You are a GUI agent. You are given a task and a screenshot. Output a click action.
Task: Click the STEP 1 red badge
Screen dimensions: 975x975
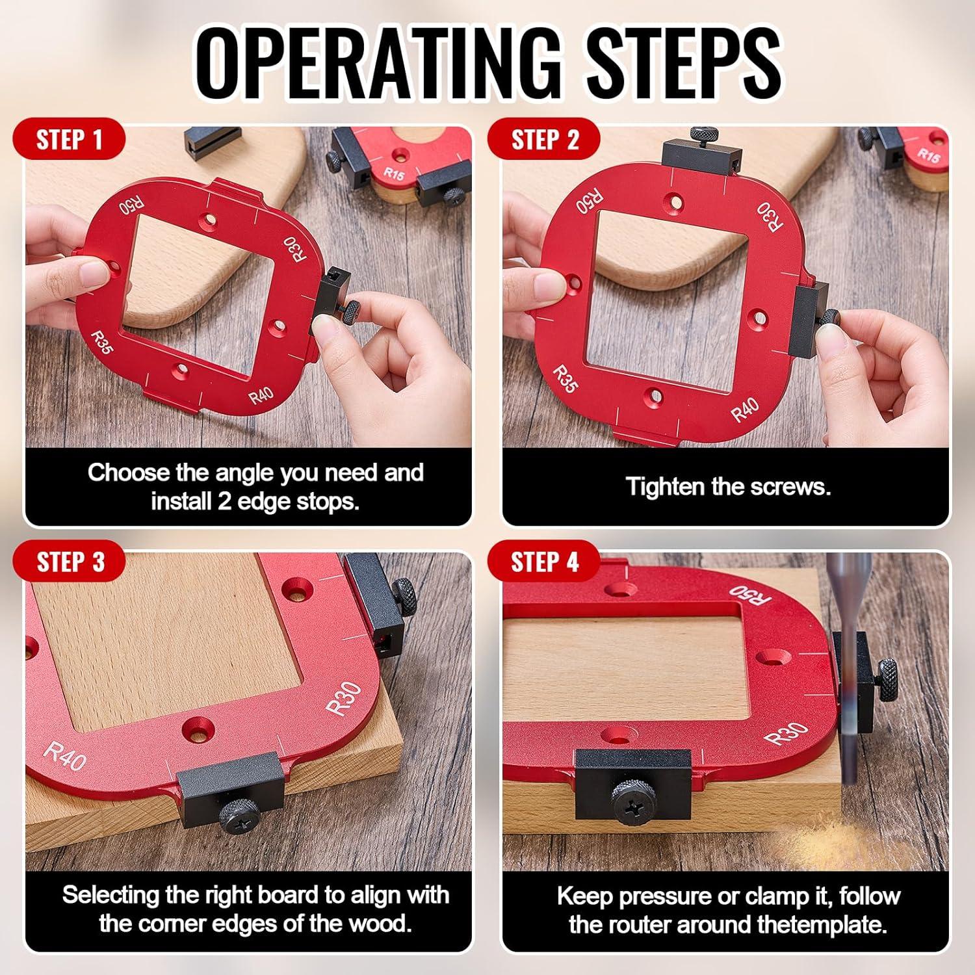coord(69,140)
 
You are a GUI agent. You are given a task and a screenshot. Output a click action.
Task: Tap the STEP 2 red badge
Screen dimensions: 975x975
coord(545,140)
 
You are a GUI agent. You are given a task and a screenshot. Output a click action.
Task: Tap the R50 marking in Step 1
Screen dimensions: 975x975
coord(132,207)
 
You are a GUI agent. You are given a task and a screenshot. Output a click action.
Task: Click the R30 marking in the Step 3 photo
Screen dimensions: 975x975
coord(344,699)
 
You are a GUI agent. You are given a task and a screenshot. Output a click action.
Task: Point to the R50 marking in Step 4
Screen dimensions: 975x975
coord(749,593)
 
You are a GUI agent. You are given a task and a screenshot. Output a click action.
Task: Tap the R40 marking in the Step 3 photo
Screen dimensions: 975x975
coord(65,757)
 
